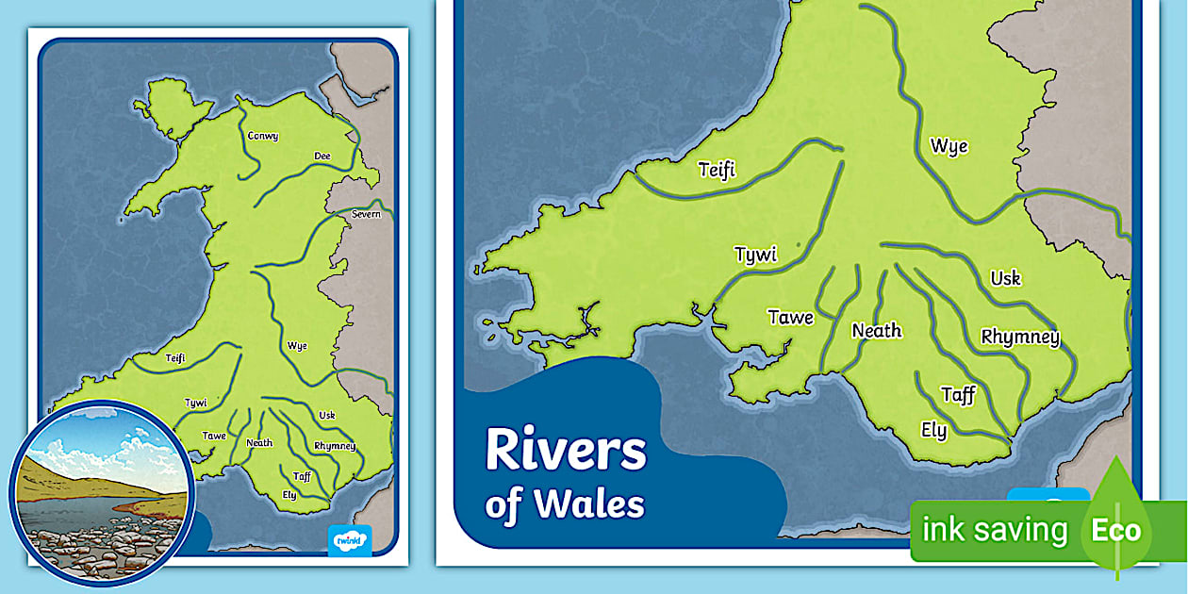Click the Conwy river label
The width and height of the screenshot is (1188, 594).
point(262,137)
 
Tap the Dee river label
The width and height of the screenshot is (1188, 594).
point(322,157)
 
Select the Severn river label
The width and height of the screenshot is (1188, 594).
point(366,215)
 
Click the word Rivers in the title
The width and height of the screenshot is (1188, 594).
point(566,452)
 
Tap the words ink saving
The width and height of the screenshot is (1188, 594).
point(994,530)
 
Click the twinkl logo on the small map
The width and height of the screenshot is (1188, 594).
point(350,540)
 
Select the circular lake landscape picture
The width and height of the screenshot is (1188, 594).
point(102,491)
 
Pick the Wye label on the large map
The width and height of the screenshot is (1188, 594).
point(949,146)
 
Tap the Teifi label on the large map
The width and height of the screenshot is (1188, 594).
point(717,170)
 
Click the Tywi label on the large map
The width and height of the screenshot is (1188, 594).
point(754,256)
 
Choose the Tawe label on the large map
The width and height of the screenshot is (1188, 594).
point(790,318)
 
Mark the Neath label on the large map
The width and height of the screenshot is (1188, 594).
point(876,331)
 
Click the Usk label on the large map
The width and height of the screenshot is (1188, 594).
point(1005,279)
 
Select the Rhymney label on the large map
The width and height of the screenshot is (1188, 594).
point(1020,338)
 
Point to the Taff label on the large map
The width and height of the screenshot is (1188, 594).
point(958,395)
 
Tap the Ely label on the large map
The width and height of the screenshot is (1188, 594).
point(933,431)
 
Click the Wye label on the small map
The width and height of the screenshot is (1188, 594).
point(297,346)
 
